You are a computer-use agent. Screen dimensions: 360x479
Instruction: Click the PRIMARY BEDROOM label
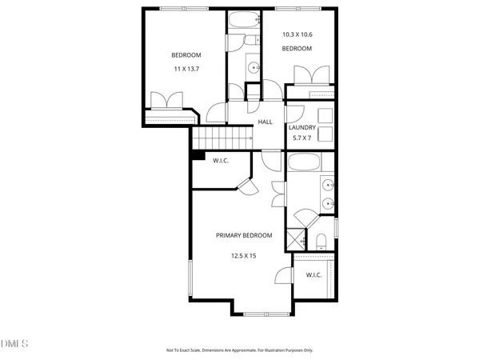click(x=244, y=235)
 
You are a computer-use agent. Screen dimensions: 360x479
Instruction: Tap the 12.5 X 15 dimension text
click(x=244, y=256)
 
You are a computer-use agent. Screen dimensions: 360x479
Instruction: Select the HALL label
click(x=265, y=122)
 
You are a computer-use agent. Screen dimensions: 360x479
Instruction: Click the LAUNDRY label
click(x=302, y=128)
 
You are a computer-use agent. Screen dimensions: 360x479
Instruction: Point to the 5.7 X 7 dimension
click(x=302, y=138)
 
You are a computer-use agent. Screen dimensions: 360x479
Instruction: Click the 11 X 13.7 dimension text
click(x=186, y=70)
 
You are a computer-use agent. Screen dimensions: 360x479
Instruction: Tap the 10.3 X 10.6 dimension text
click(x=297, y=35)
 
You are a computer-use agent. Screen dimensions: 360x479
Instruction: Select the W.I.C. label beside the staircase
click(x=222, y=161)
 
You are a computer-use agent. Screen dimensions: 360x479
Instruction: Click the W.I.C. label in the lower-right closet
click(x=313, y=275)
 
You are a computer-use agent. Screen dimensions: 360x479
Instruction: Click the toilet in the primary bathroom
click(x=319, y=240)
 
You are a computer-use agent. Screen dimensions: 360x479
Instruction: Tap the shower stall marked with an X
click(x=297, y=238)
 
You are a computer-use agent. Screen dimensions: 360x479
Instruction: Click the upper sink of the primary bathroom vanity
click(x=328, y=186)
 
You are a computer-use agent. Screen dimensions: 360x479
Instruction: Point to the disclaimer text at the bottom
click(x=239, y=350)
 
